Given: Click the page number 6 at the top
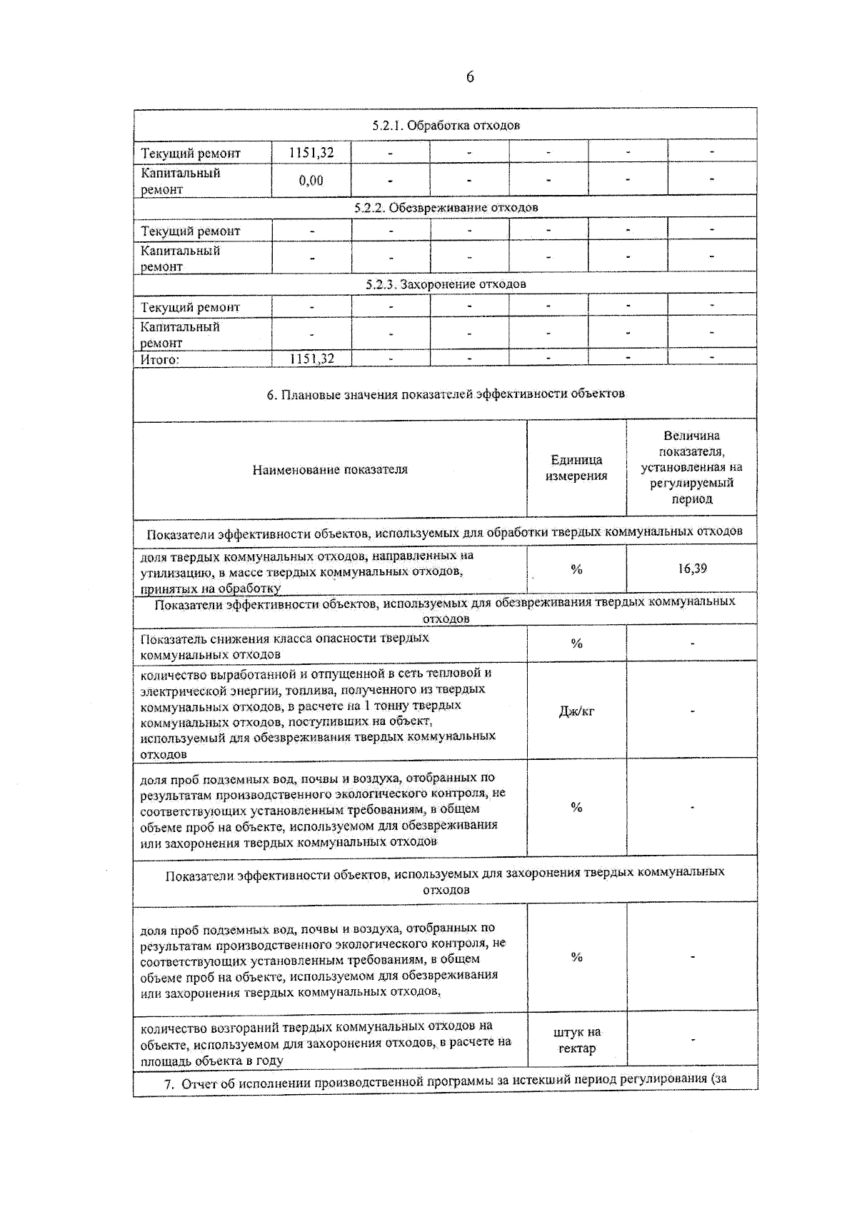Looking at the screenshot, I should coord(470,77).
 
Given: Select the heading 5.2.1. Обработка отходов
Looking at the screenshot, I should coord(446,125).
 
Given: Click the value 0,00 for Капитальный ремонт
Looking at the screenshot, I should coord(311,181).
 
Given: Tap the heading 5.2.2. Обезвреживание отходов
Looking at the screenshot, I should coord(446,207).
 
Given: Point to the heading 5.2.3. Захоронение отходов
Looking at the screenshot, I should coord(446,284).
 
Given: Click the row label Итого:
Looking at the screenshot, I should coord(159,359).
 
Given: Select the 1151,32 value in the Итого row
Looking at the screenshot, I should coord(311,359).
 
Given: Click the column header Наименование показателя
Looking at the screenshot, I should coord(330,469).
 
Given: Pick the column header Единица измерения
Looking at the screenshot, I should coord(576,468).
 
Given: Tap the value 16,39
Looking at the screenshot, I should coord(692,569).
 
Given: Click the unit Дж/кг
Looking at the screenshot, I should coord(576,711).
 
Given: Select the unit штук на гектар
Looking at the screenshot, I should coord(576,1041).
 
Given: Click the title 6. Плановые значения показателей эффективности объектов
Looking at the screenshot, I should coord(446,394).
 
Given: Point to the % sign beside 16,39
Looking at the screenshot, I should coord(576,569).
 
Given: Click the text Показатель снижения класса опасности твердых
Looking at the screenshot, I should coord(284,638).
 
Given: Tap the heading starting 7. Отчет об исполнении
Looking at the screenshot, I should coord(446,1083).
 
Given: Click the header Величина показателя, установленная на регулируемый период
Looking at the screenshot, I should coord(691,467).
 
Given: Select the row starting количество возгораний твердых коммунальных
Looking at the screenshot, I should coord(325,1043).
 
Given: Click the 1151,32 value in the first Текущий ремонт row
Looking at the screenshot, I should coord(311,152).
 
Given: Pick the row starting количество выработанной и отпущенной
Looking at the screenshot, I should coord(318,713).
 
